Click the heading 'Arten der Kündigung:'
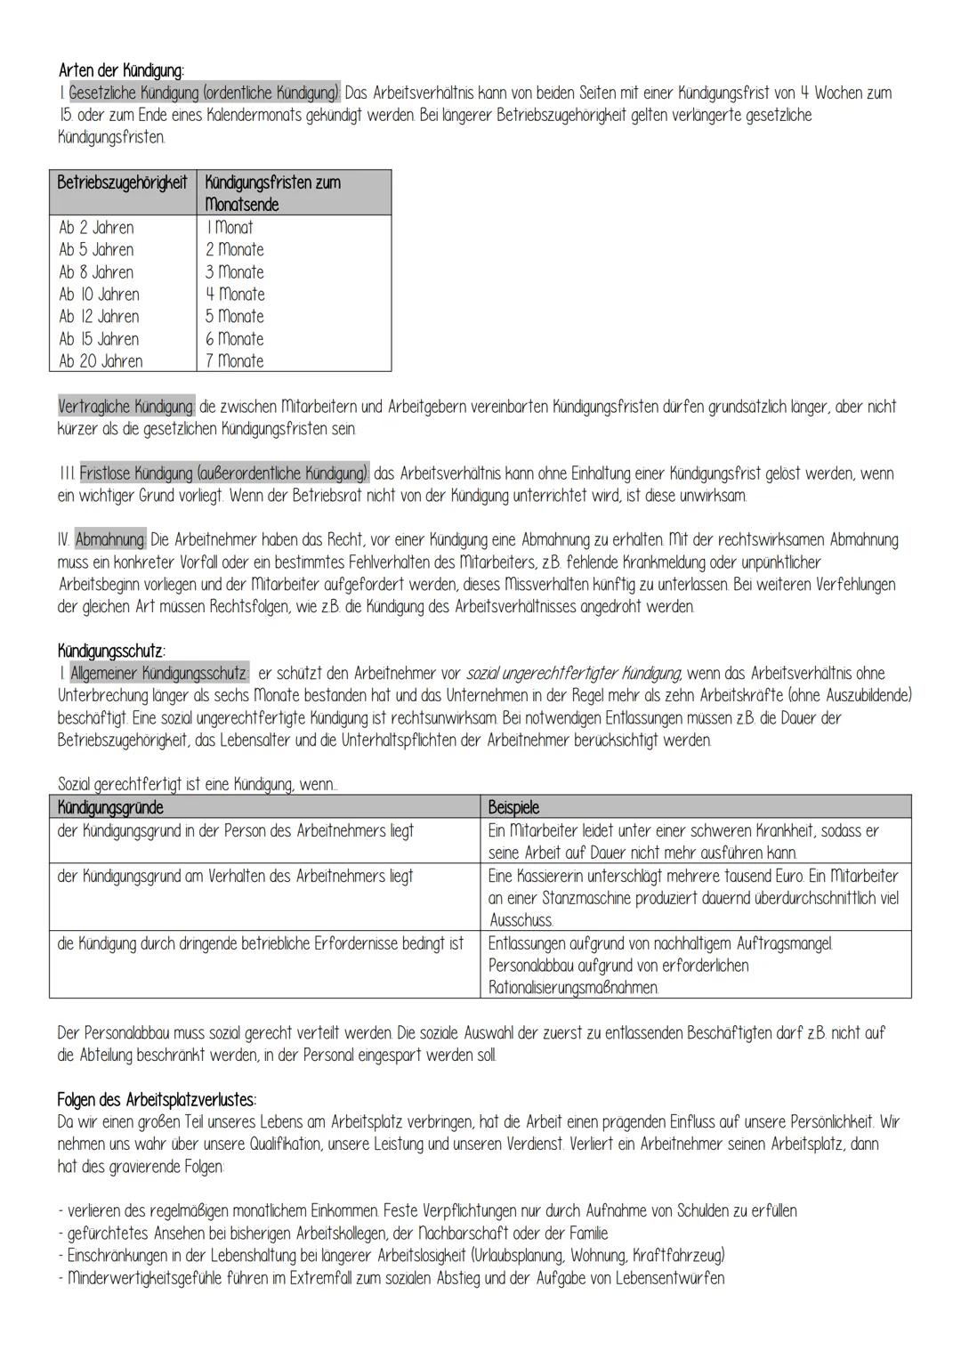point(121,70)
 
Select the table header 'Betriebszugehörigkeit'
point(122,182)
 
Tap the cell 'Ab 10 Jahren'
point(99,295)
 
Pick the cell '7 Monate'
point(235,361)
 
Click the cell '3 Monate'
point(235,272)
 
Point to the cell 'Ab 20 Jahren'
point(101,361)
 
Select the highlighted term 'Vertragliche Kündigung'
point(126,407)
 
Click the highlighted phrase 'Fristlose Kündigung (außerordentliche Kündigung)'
point(223,473)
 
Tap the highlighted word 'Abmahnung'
point(110,540)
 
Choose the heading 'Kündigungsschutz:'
point(111,651)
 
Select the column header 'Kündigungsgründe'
point(110,808)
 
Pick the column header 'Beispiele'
point(513,808)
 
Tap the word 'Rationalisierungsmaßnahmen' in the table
point(574,988)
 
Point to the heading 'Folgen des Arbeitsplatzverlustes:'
point(157,1099)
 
